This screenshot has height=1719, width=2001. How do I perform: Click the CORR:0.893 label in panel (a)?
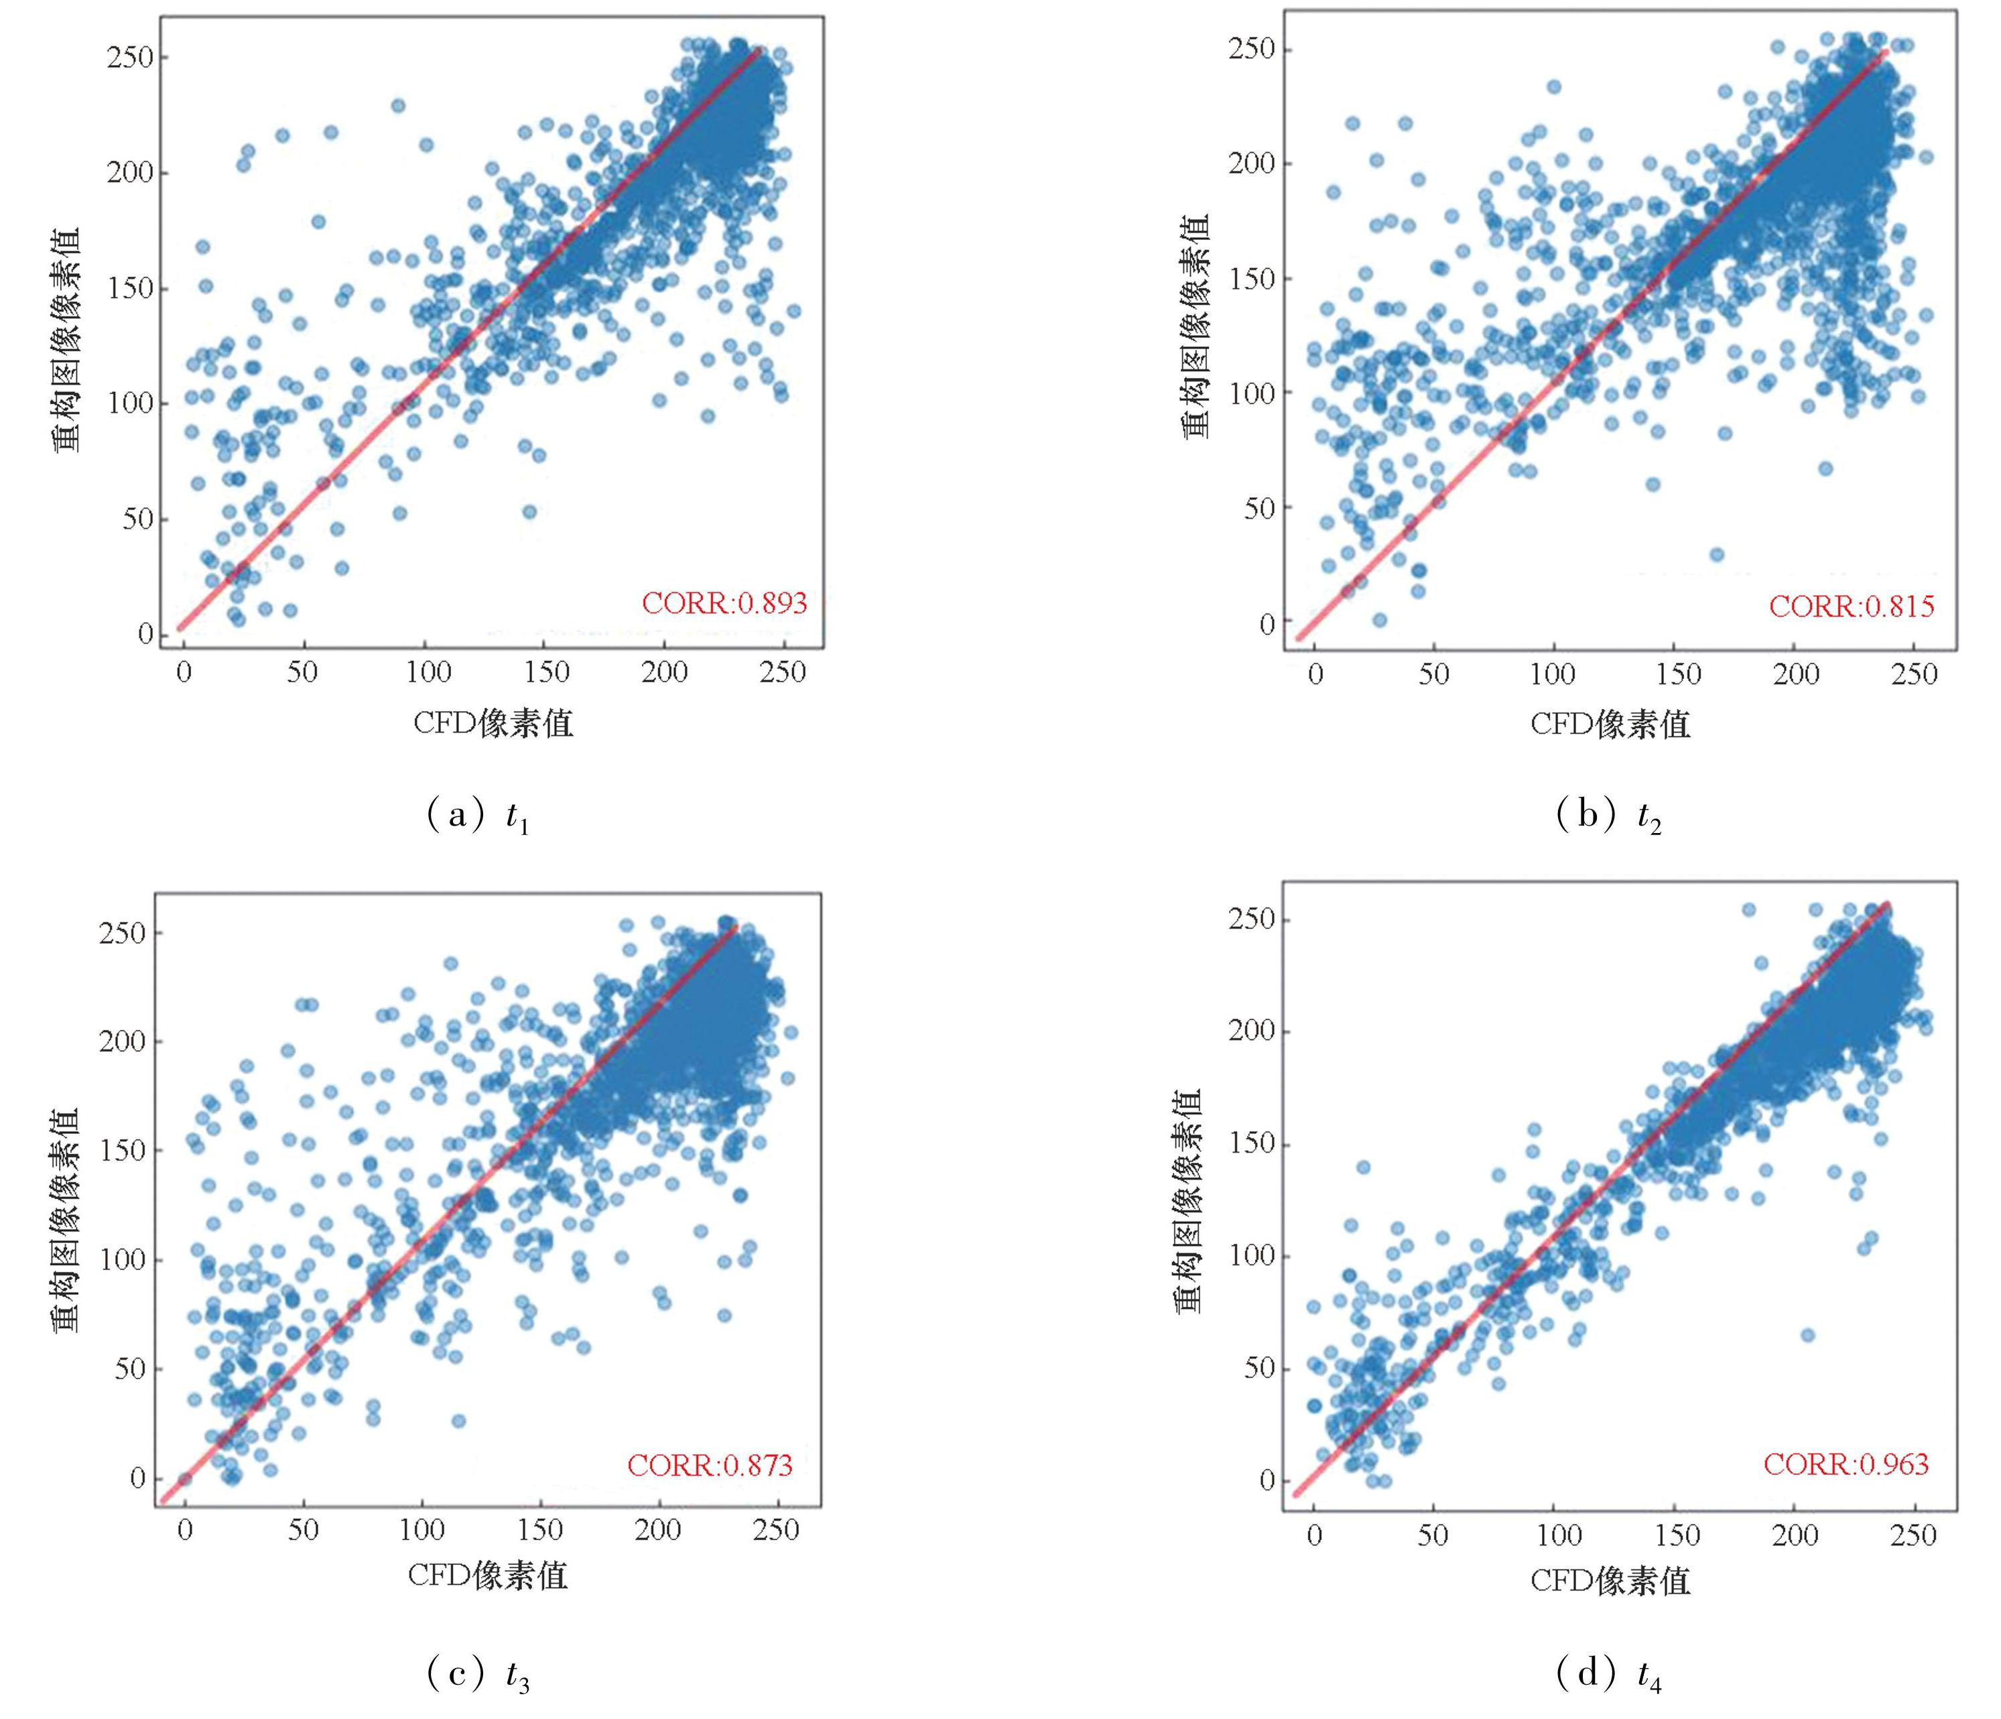(724, 604)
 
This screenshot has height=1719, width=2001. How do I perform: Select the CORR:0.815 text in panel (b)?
(1852, 607)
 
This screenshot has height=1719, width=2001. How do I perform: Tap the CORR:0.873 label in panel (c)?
(710, 1466)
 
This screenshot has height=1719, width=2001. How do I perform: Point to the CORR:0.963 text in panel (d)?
(1846, 1464)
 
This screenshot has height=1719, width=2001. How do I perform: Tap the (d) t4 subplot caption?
(1608, 1677)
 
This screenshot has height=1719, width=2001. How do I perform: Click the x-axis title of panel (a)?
(493, 722)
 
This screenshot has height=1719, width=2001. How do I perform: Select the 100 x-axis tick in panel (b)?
(1552, 674)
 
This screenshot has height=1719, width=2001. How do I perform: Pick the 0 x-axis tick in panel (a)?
(184, 672)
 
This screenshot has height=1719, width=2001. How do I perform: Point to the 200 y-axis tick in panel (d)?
(1252, 1031)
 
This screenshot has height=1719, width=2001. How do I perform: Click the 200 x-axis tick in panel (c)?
(657, 1531)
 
